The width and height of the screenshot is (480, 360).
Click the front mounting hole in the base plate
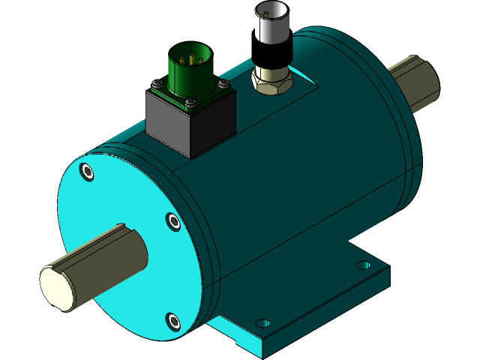262,322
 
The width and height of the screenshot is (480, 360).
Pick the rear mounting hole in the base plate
363,265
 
